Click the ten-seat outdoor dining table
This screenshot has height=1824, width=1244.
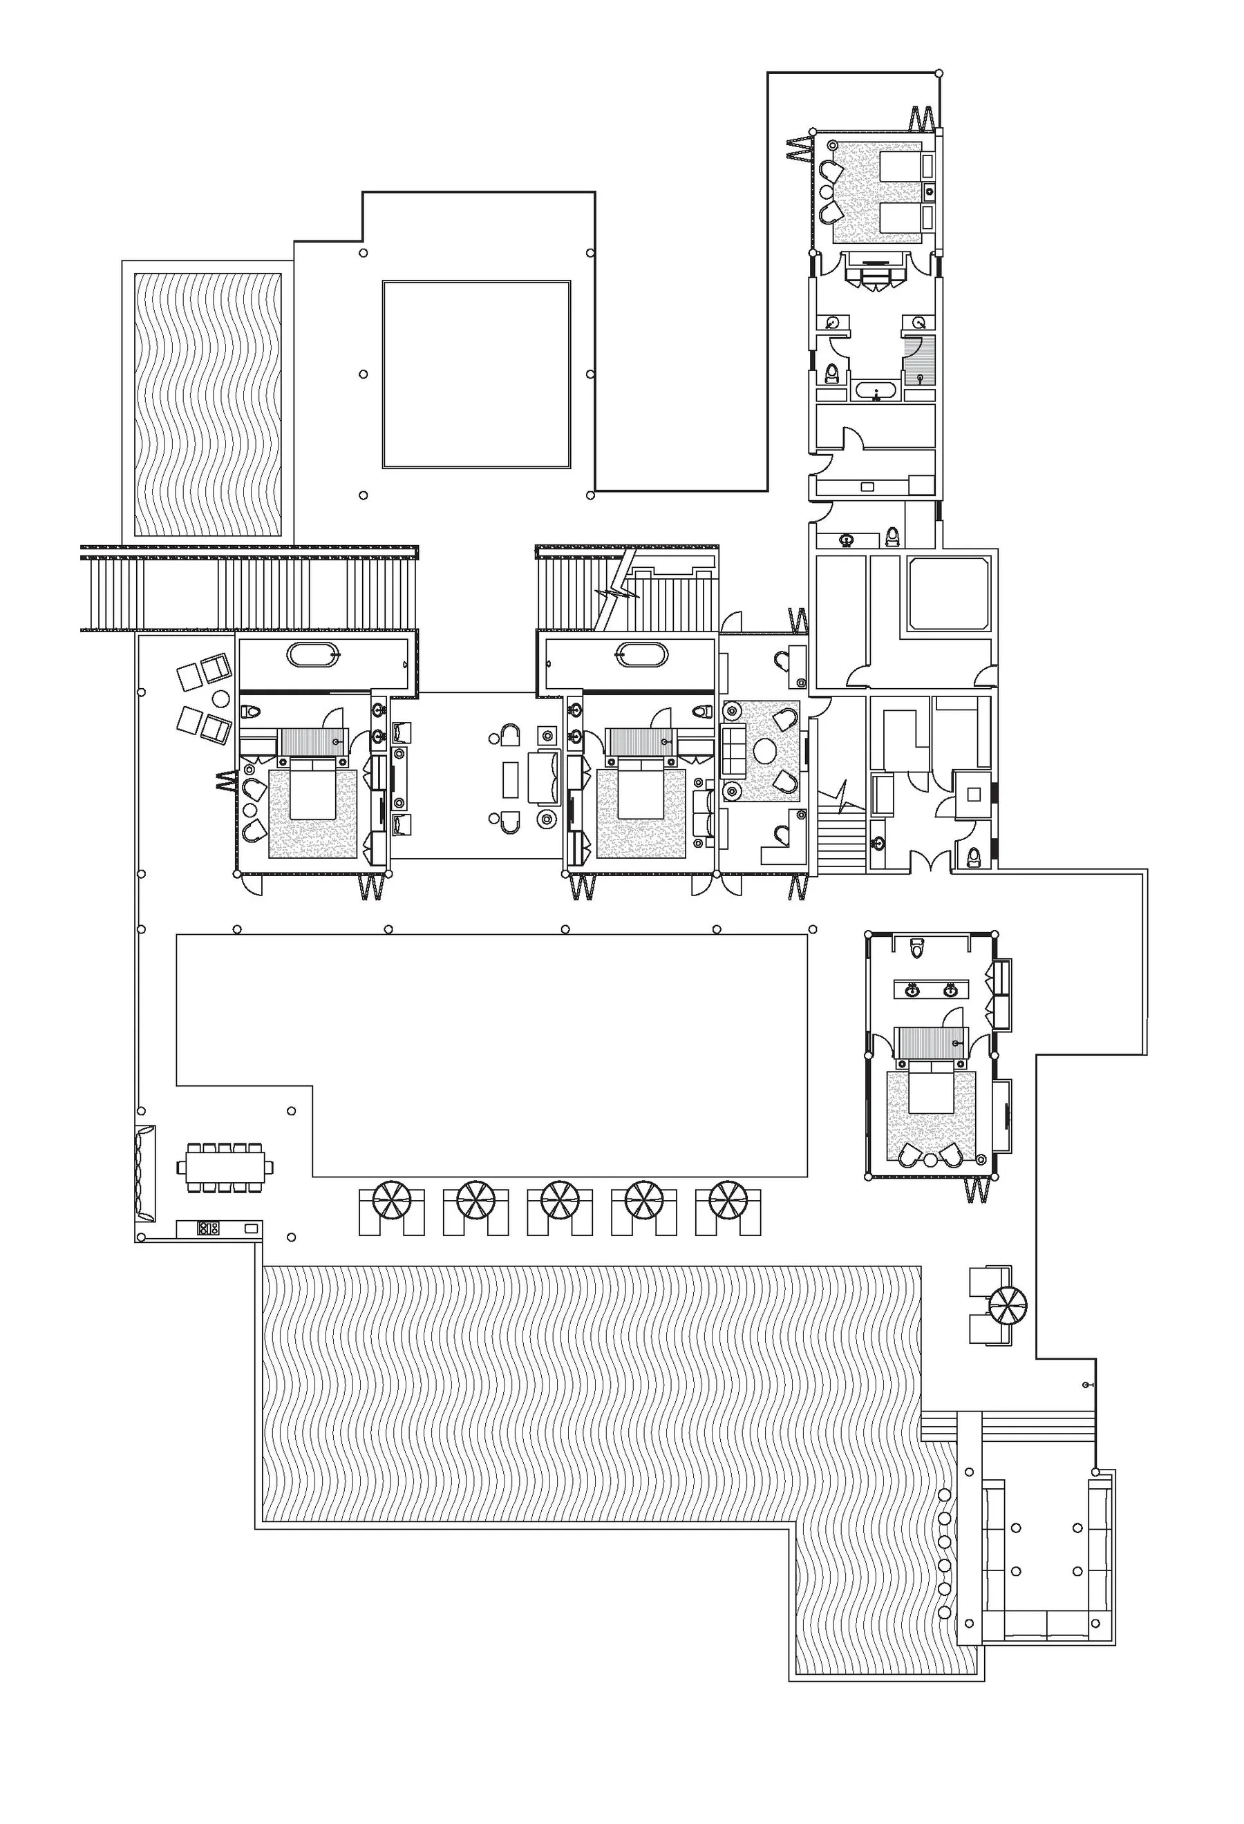pos(225,1168)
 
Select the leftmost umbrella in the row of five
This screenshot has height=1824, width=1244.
pos(392,1200)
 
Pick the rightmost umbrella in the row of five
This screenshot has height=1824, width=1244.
pos(728,1200)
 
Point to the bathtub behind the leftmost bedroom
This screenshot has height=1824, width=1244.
pos(313,654)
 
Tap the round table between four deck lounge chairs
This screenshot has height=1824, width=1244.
pos(220,699)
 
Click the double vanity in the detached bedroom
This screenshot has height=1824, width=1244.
pos(931,989)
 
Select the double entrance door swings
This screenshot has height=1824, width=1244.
pos(931,862)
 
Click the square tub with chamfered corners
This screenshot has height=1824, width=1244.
pos(948,593)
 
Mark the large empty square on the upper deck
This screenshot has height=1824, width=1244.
pos(476,374)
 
